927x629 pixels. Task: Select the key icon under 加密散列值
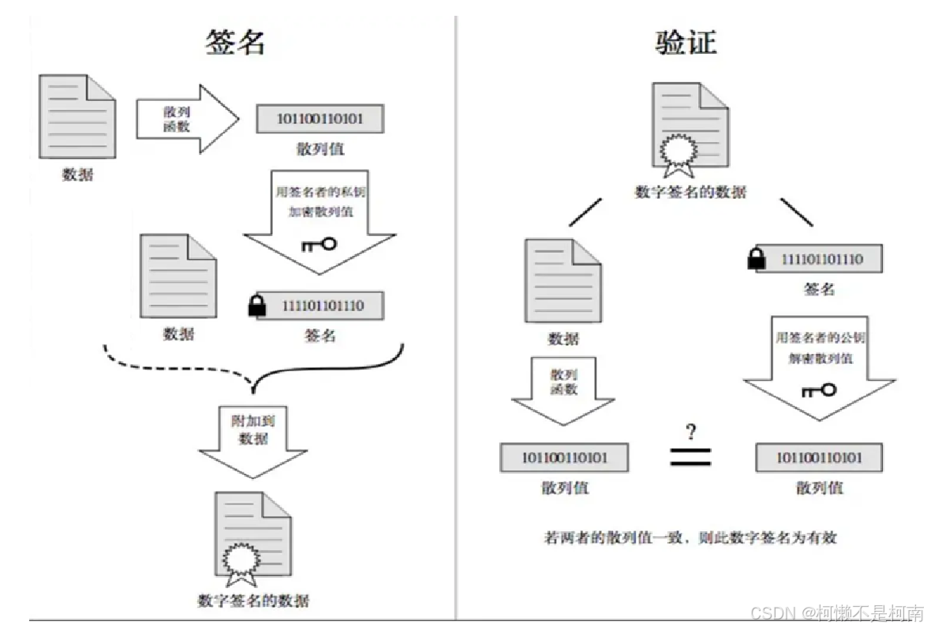[319, 244]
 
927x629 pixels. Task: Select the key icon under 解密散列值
[818, 389]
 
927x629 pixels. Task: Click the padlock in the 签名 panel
[257, 306]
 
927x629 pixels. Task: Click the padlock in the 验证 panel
[757, 258]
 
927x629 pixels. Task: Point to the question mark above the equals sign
[691, 432]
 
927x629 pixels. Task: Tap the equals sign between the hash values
[690, 457]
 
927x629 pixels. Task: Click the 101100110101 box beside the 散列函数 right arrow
[320, 118]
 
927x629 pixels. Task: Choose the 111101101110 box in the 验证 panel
[820, 259]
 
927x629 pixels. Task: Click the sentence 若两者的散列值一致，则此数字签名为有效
[690, 538]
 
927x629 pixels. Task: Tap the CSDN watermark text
[836, 612]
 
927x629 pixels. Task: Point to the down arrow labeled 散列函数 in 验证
[563, 388]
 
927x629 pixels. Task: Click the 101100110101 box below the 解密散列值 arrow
[819, 458]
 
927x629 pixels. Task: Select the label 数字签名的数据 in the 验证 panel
[690, 192]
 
